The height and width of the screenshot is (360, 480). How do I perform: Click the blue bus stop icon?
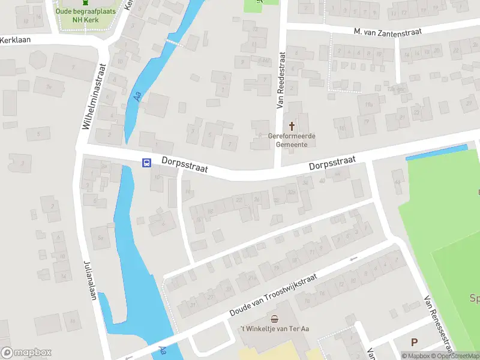tap(146, 163)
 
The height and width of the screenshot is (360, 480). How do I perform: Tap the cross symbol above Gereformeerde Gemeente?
tap(292, 126)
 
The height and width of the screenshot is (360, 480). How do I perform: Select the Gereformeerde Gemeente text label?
tap(292, 140)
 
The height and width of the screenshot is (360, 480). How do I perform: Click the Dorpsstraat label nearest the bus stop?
tap(184, 164)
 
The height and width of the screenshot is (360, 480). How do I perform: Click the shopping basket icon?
tap(275, 319)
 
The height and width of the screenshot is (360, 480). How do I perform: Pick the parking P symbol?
tap(413, 343)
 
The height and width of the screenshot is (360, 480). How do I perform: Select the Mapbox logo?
tap(26, 353)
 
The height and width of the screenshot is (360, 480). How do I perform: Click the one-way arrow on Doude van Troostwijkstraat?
tap(353, 259)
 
